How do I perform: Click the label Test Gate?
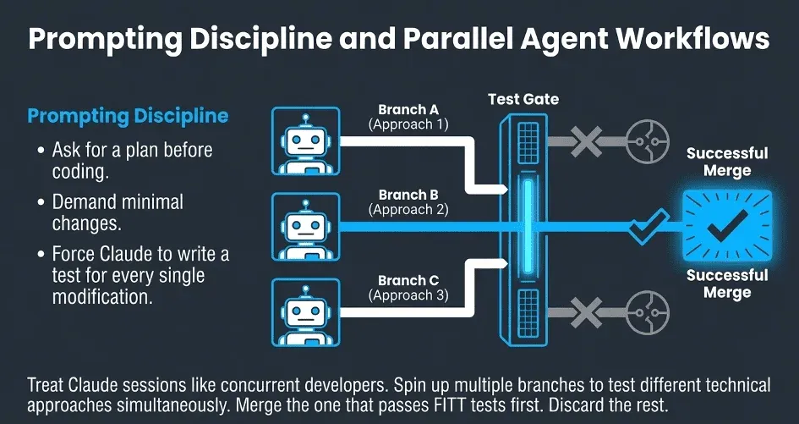click(x=523, y=99)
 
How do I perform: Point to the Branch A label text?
click(x=408, y=109)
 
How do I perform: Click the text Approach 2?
click(x=408, y=209)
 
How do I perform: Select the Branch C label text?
click(x=408, y=280)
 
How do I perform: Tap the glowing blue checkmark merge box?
click(x=726, y=223)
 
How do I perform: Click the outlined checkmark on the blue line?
click(x=646, y=226)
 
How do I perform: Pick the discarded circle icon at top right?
click(x=642, y=135)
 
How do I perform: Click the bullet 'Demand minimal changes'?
click(x=118, y=213)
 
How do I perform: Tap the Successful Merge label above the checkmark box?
click(x=726, y=162)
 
